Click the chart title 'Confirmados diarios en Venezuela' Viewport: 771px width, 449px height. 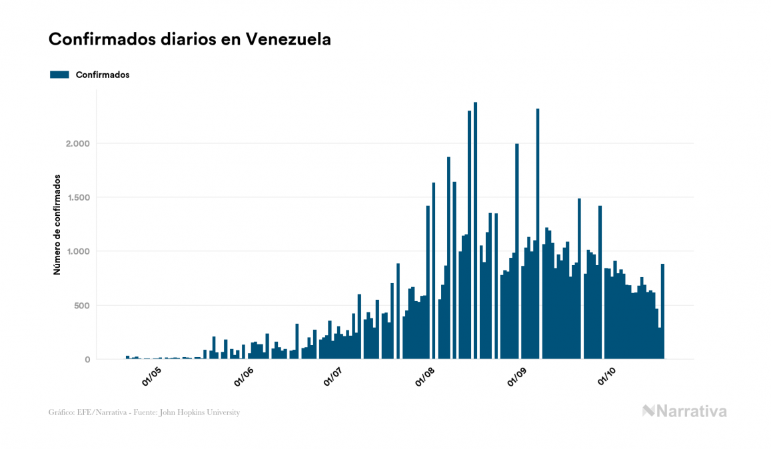click(189, 39)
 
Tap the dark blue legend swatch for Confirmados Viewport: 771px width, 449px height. click(59, 75)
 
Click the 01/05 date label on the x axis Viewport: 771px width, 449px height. click(151, 378)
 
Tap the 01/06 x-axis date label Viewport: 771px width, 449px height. click(244, 378)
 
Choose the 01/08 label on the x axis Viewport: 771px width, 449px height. click(426, 378)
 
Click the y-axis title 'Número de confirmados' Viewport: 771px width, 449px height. click(57, 224)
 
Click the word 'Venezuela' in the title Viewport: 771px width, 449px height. click(288, 39)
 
